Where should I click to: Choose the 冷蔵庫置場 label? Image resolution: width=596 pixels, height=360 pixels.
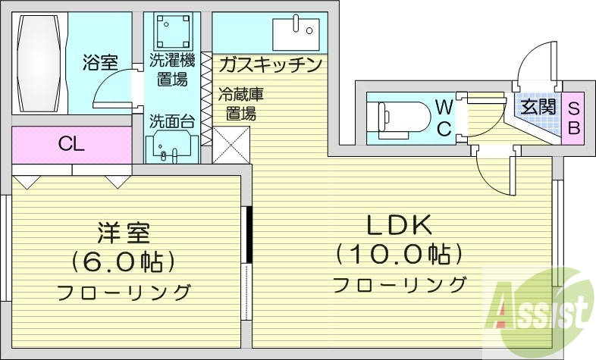pyautogui.click(x=241, y=105)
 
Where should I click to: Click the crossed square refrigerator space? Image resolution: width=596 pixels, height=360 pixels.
pyautogui.click(x=231, y=145)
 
